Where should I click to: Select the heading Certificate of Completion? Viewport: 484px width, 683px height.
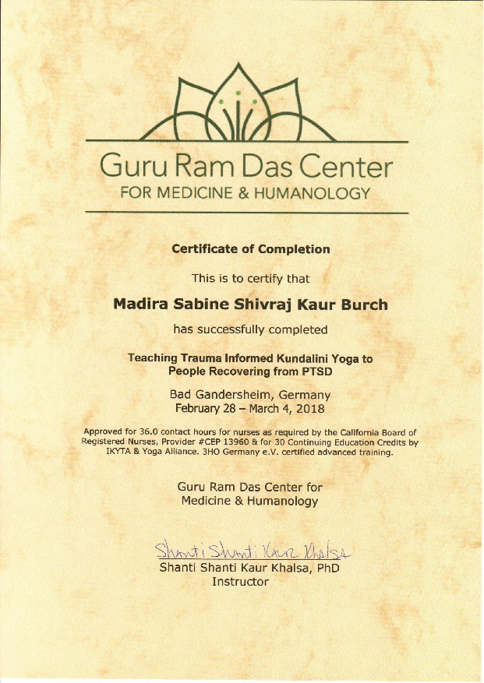250,249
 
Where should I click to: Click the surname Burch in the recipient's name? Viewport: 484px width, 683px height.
361,305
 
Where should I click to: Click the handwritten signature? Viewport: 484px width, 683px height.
249,551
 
